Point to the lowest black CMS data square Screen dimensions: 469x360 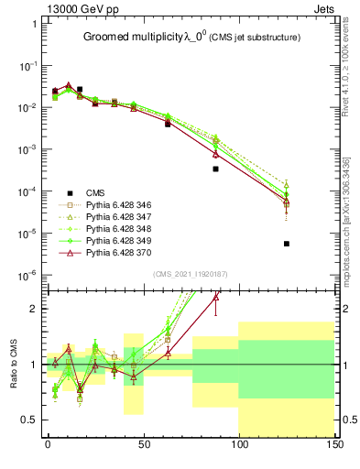coord(287,244)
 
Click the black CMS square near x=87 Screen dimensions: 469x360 coord(215,169)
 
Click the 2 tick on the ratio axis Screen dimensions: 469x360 coord(33,309)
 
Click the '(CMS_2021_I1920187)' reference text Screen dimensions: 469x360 coord(190,274)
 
